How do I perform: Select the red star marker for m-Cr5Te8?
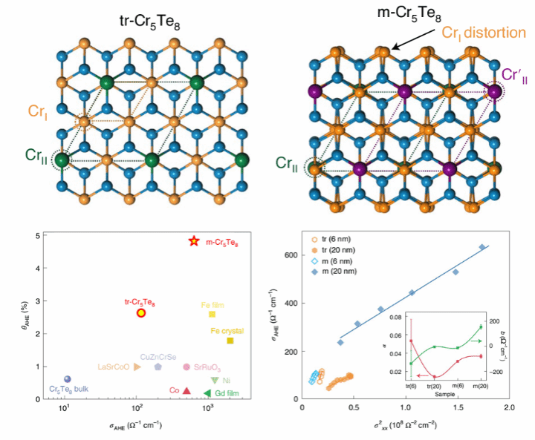[194, 242]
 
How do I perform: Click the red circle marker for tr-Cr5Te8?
[142, 312]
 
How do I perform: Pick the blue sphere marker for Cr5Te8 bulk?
[68, 379]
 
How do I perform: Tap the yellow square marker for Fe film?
[212, 315]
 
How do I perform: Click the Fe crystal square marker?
[230, 341]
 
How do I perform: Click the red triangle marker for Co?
[187, 391]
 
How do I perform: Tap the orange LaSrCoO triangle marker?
[136, 367]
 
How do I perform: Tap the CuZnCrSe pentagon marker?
[158, 367]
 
